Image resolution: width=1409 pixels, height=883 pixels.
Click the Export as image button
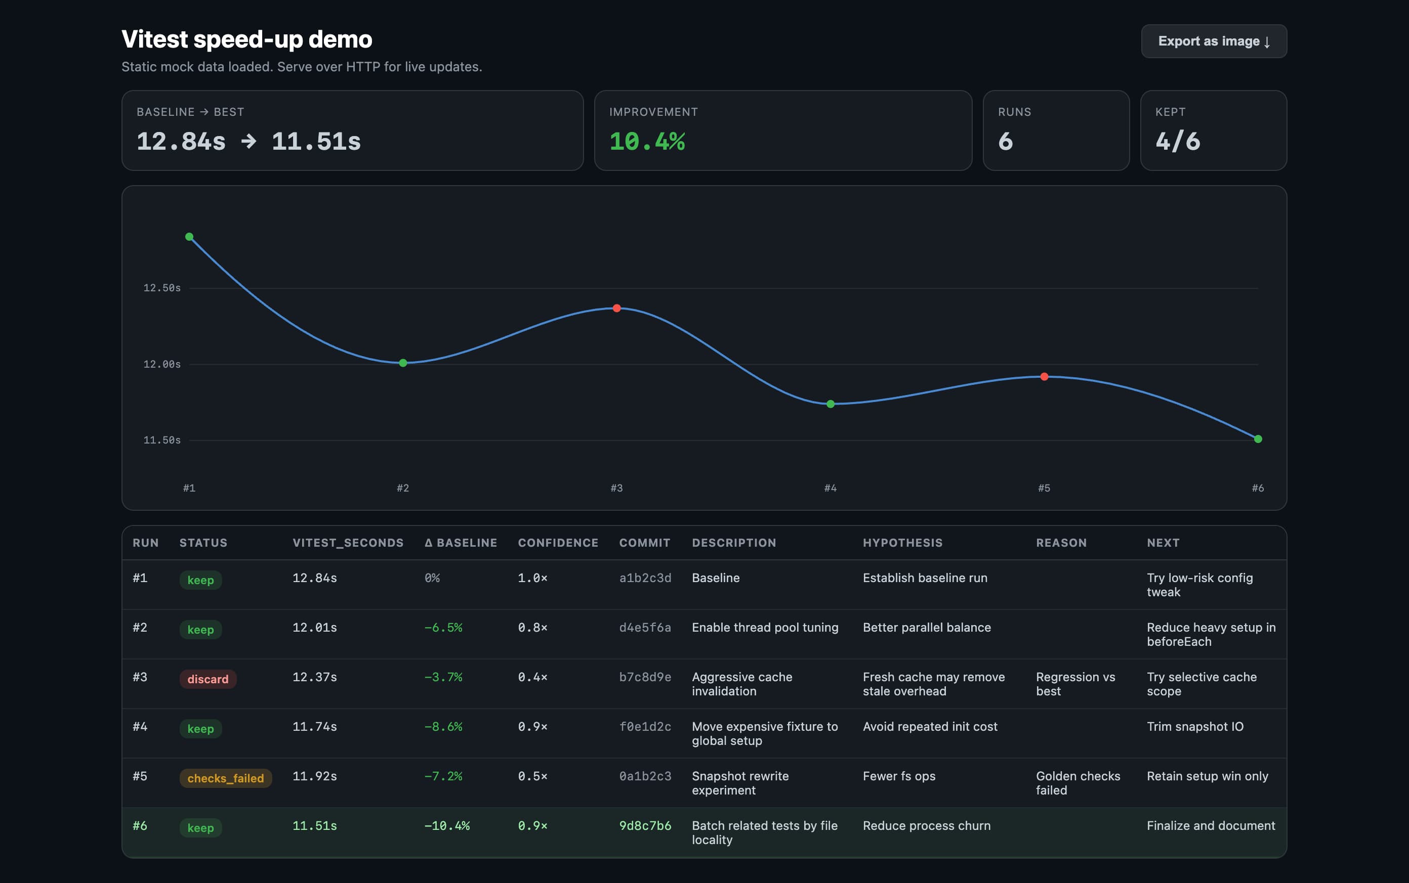1213,41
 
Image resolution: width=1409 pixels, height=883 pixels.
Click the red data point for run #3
616,308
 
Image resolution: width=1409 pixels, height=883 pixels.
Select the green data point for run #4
830,404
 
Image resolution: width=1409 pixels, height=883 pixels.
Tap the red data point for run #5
1044,377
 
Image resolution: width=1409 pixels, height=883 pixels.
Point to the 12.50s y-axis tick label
162,288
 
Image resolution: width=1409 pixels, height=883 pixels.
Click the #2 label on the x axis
403,488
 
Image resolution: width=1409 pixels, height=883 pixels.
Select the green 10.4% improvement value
647,141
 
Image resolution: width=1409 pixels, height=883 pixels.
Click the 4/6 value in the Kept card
1177,141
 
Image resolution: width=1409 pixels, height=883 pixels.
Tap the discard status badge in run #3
208,679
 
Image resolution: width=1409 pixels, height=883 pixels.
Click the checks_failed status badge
225,778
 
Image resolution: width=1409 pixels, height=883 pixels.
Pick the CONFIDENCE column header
558,543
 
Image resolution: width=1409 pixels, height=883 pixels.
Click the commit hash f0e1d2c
645,727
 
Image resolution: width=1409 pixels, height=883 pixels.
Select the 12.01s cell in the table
314,627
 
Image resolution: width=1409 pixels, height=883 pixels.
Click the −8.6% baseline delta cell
443,727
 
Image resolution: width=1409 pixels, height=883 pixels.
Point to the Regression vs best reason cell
1075,684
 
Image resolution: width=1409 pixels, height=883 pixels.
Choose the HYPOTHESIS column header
902,543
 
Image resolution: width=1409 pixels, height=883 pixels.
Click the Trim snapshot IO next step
1194,727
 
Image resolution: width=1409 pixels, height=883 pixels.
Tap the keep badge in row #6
200,827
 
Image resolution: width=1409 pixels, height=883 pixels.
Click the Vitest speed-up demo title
246,39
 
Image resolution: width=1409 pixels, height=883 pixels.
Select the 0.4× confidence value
532,677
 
